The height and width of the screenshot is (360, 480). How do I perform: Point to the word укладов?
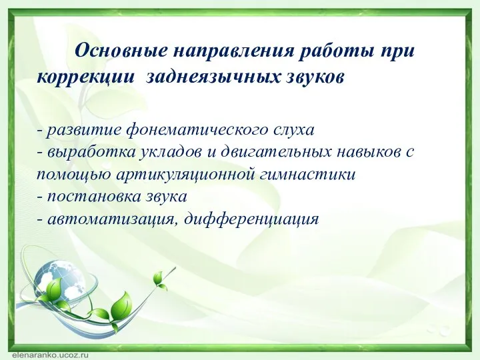click(x=172, y=151)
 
